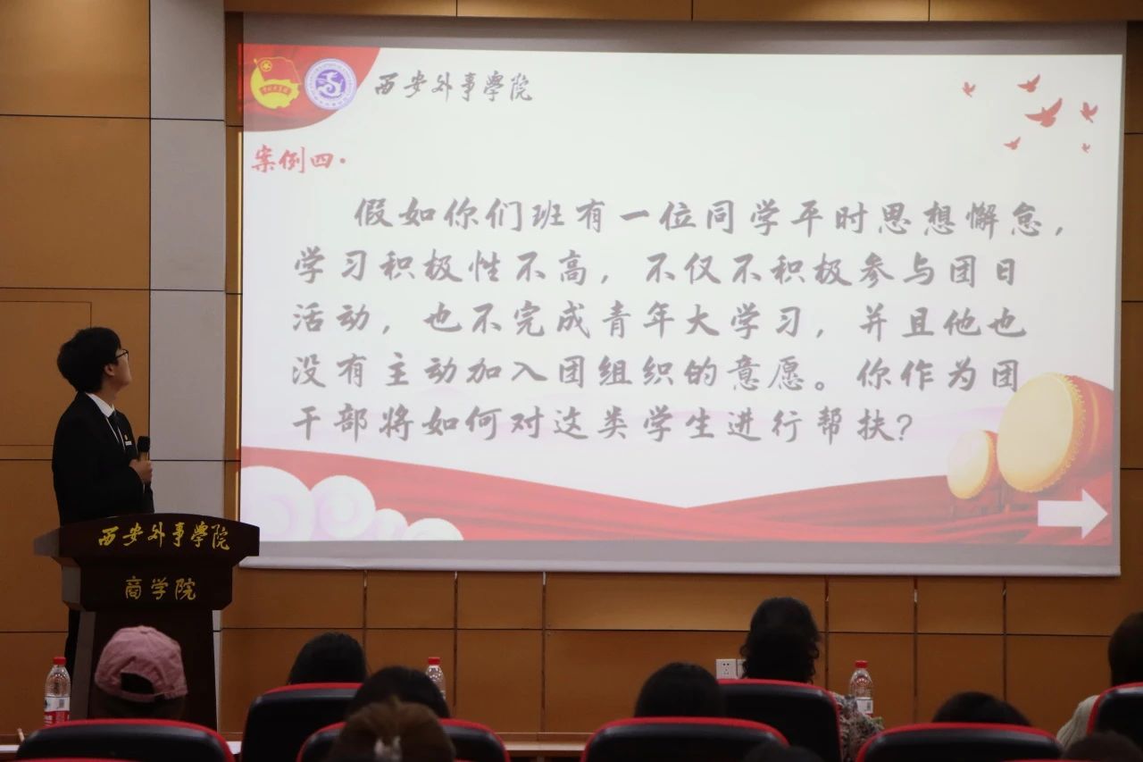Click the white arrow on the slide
tap(1072, 514)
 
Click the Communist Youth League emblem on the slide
tap(276, 82)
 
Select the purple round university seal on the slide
tap(330, 83)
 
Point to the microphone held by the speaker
tap(144, 449)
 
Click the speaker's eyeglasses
tap(121, 355)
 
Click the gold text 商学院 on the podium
tap(160, 590)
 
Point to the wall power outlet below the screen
tap(726, 668)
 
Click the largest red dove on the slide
tap(1044, 113)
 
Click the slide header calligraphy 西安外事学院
tap(454, 87)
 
